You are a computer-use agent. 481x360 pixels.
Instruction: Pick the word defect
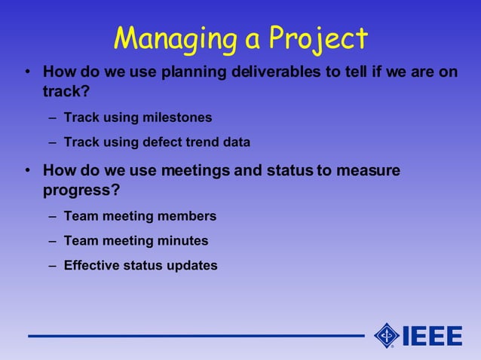click(x=163, y=142)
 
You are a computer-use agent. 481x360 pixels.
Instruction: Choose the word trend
click(x=202, y=142)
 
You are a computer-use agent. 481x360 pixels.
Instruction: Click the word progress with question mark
click(x=81, y=191)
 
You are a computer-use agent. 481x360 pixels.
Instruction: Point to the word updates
click(x=192, y=265)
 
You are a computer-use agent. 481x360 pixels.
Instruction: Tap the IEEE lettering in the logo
click(x=433, y=335)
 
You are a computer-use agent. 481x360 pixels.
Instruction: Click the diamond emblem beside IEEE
click(x=387, y=335)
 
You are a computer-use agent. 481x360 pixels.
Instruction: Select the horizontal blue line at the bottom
click(x=196, y=336)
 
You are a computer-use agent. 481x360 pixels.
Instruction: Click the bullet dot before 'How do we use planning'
click(x=27, y=74)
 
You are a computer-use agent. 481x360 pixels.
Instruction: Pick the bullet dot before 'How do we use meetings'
click(x=27, y=171)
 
